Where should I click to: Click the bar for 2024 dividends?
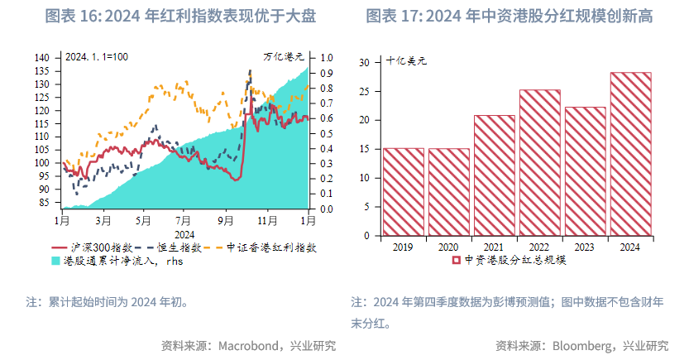pos(630,154)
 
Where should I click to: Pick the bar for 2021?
pos(494,175)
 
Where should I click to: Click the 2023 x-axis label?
pos(585,246)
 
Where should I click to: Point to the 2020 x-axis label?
pos(448,246)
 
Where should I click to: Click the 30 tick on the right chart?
pos(363,62)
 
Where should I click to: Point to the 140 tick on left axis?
pos(42,58)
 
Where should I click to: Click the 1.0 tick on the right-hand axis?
pos(326,58)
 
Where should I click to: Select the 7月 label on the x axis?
pos(184,221)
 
